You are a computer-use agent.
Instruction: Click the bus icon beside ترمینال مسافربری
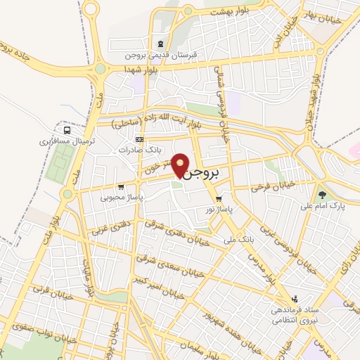(67, 130)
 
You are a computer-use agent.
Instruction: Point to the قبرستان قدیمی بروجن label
(163, 54)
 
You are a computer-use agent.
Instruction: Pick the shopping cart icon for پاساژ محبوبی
(122, 187)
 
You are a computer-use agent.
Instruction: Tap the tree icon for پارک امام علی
(322, 193)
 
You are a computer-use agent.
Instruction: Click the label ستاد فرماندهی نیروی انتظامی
(295, 313)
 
